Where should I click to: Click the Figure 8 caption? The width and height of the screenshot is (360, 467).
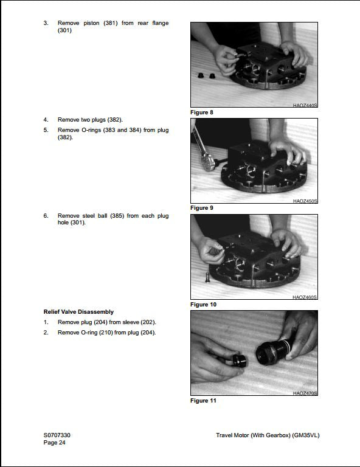tap(201, 112)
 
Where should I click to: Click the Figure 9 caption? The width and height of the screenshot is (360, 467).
tap(201, 208)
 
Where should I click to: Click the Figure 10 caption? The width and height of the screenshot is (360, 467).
tap(203, 304)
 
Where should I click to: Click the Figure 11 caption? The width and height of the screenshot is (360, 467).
tap(203, 400)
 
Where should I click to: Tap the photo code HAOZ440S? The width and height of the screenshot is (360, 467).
tap(305, 105)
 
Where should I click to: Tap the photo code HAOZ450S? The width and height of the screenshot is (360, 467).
tap(305, 201)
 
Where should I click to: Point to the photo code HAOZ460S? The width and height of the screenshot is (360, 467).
tap(305, 297)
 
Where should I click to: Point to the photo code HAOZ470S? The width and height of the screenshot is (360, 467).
tap(305, 393)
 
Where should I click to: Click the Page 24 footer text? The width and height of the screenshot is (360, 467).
tap(54, 443)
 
